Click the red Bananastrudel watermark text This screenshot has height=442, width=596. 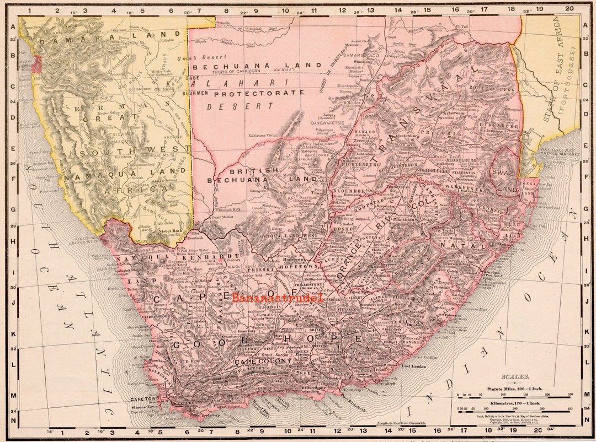pos(277,298)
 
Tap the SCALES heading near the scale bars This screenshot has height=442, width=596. pos(515,377)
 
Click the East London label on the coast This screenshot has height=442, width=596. pos(414,366)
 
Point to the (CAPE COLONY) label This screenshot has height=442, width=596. pos(260,363)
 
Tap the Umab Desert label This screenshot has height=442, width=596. pos(209,57)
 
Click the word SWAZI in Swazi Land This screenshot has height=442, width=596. pos(503,173)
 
